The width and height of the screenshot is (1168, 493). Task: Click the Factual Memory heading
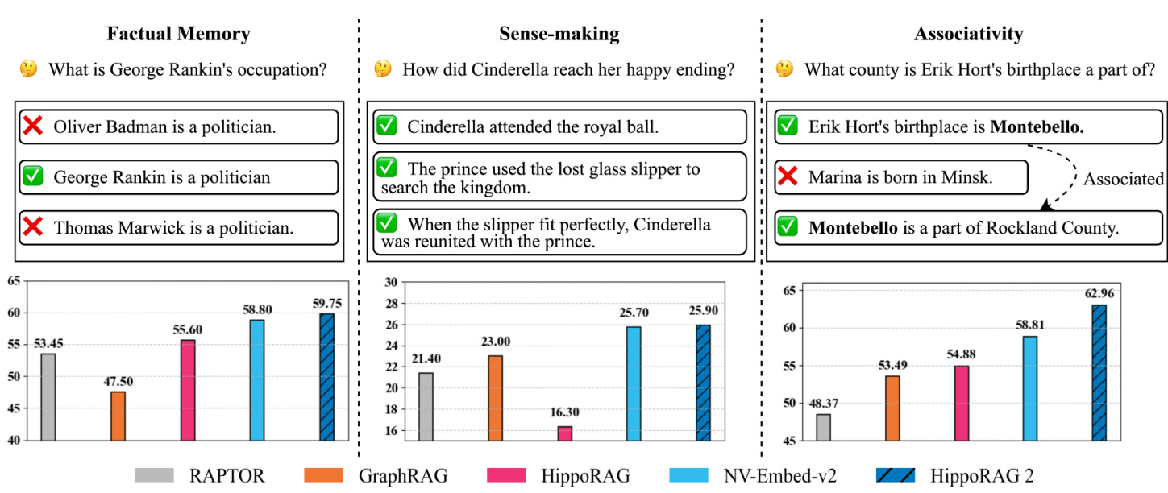(x=180, y=34)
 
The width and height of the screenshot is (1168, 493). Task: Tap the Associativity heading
(x=968, y=34)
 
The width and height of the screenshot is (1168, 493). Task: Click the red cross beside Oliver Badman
(x=33, y=126)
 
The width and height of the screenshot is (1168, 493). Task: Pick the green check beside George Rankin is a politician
(x=33, y=176)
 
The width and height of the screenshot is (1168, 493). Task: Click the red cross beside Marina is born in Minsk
(x=788, y=177)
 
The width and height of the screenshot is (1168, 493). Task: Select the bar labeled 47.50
(x=118, y=416)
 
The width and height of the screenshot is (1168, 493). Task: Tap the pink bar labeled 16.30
(x=564, y=433)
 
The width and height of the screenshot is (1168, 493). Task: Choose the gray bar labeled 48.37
(x=822, y=427)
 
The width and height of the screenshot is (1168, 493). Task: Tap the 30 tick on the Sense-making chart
(x=368, y=282)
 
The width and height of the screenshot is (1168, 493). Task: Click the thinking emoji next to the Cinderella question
(x=381, y=70)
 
